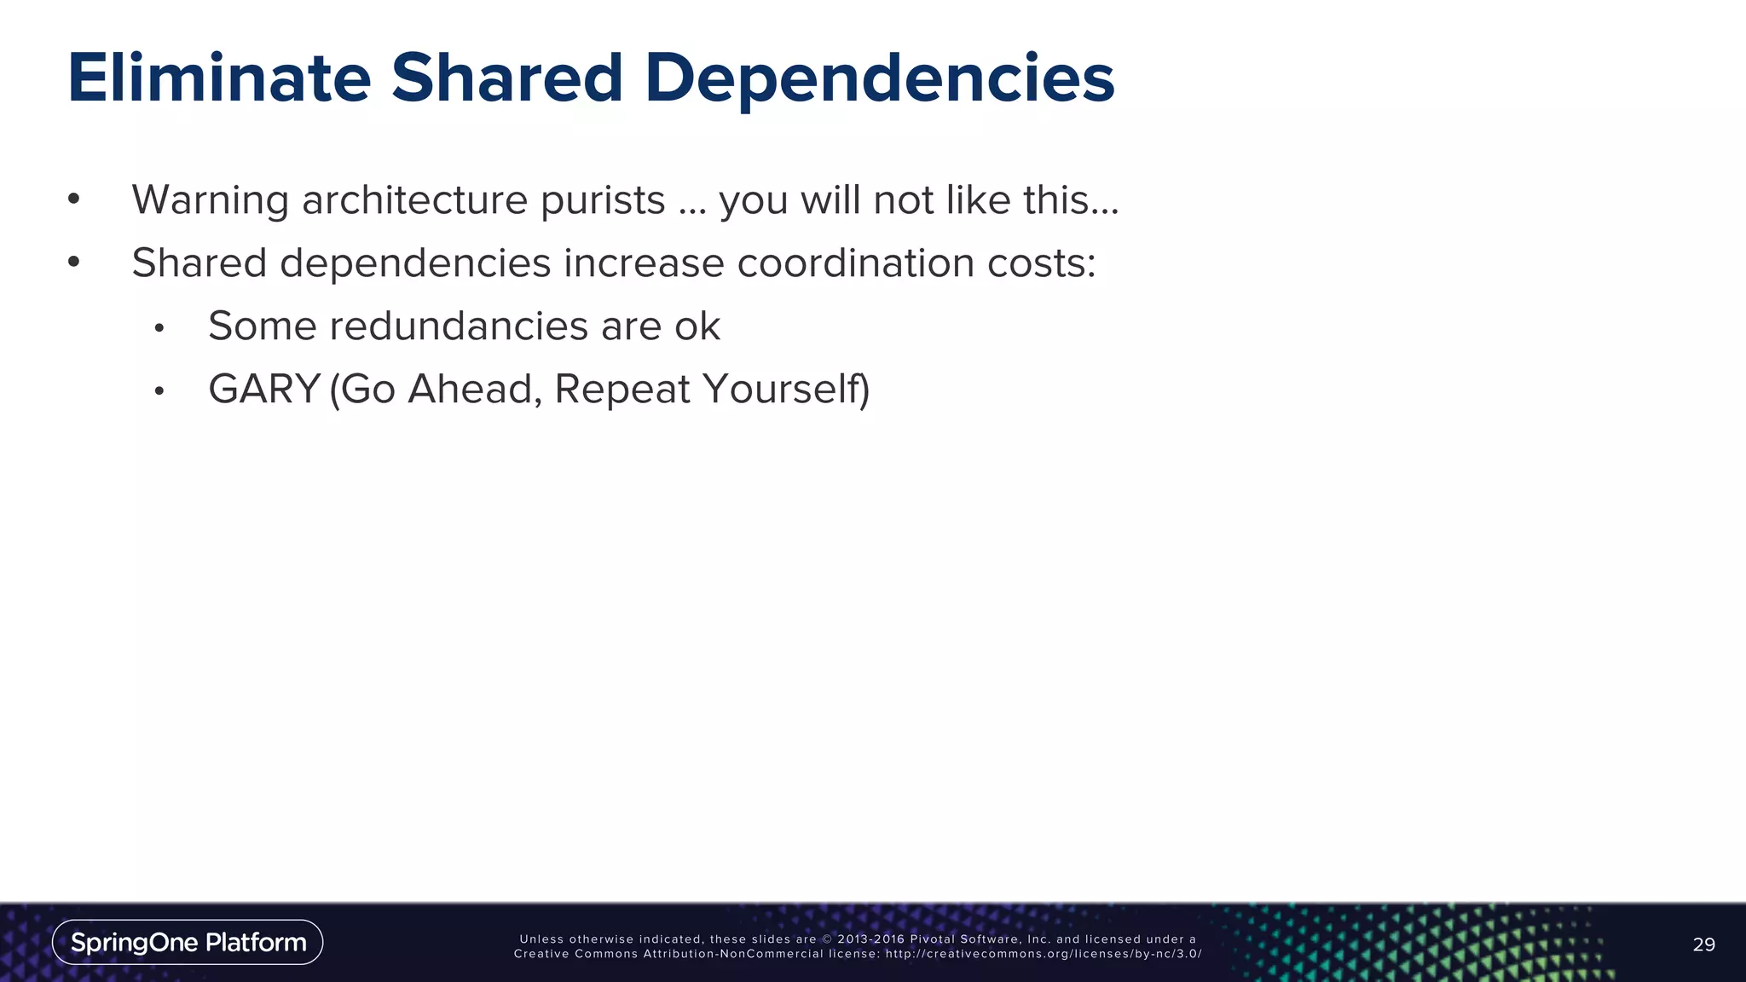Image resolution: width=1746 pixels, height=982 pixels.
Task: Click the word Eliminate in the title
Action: (x=219, y=78)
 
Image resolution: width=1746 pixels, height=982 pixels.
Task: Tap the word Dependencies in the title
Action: (x=879, y=78)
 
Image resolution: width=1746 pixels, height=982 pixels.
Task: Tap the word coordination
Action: (x=855, y=263)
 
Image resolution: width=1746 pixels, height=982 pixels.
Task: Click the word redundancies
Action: (x=459, y=326)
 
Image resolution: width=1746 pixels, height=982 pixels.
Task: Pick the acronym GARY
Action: (x=264, y=390)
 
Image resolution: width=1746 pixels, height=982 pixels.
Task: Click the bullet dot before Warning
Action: (x=74, y=200)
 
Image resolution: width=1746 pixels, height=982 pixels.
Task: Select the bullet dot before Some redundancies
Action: (x=159, y=328)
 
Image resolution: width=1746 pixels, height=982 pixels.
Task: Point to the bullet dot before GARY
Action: (x=159, y=391)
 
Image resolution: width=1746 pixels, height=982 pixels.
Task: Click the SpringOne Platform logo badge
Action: (x=188, y=942)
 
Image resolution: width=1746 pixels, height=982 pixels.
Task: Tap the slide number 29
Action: (x=1703, y=944)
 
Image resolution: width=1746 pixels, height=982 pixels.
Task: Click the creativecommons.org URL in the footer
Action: (x=1043, y=954)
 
